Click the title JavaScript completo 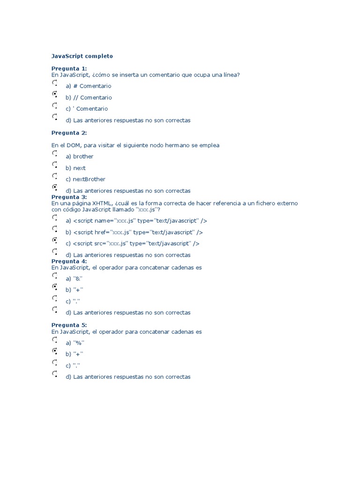82,56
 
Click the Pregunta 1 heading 69,68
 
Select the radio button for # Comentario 55,83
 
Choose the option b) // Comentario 89,97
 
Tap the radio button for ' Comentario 55,106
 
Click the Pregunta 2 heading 69,133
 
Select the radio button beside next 55,165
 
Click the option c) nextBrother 85,179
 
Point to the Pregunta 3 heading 69,197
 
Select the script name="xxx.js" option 136,221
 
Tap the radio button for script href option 55,229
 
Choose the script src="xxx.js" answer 132,243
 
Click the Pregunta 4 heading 69,261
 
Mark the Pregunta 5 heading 69,325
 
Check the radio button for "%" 55,340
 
